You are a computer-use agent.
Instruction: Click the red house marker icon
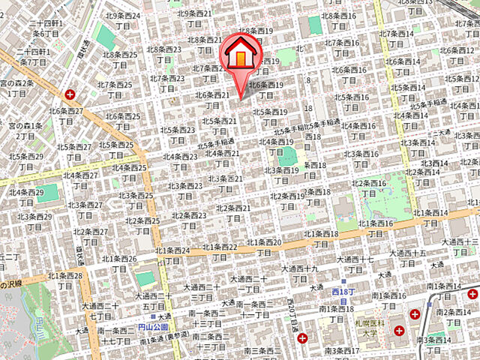[x=239, y=57]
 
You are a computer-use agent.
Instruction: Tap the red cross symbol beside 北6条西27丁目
[x=70, y=94]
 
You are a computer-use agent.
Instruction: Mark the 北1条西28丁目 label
[x=66, y=280]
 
